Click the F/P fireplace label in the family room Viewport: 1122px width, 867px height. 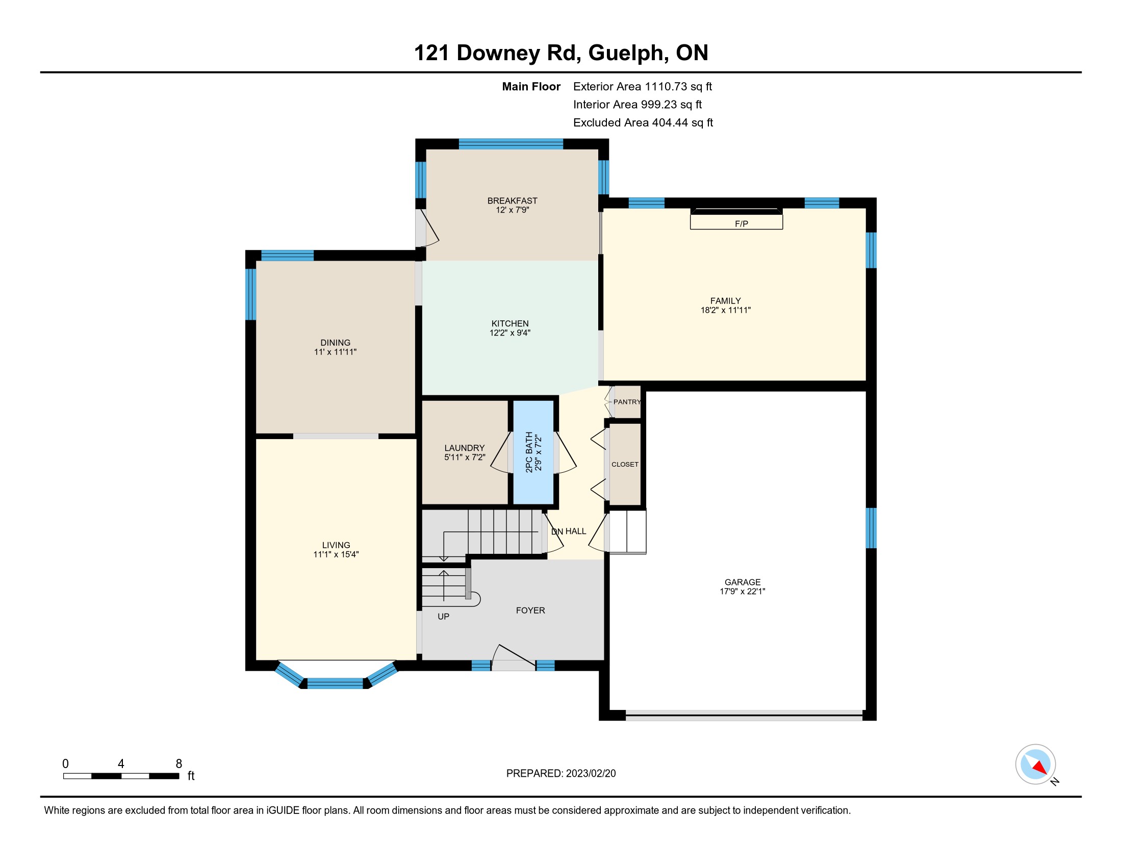point(742,224)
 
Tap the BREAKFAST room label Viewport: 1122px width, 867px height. point(512,201)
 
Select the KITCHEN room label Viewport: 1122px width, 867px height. point(509,323)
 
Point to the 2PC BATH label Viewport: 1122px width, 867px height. point(529,452)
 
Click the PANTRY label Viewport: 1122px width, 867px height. point(627,402)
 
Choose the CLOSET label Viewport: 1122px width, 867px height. point(625,464)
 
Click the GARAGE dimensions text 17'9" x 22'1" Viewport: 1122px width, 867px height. point(743,591)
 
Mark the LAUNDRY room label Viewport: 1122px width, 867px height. point(465,448)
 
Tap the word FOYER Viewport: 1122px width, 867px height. point(530,610)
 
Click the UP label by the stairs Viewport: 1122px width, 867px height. point(443,617)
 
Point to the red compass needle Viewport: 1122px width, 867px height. point(1040,768)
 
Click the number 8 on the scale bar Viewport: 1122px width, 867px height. point(179,764)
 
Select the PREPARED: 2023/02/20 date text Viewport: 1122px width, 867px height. point(561,774)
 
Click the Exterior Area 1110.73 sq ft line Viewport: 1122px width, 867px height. point(643,87)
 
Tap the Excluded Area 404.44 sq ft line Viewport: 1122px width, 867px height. point(643,123)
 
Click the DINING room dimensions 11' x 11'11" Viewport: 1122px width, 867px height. point(336,352)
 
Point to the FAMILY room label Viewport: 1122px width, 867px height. point(725,301)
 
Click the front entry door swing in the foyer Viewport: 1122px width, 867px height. point(514,657)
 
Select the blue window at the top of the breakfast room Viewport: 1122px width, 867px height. point(511,144)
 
